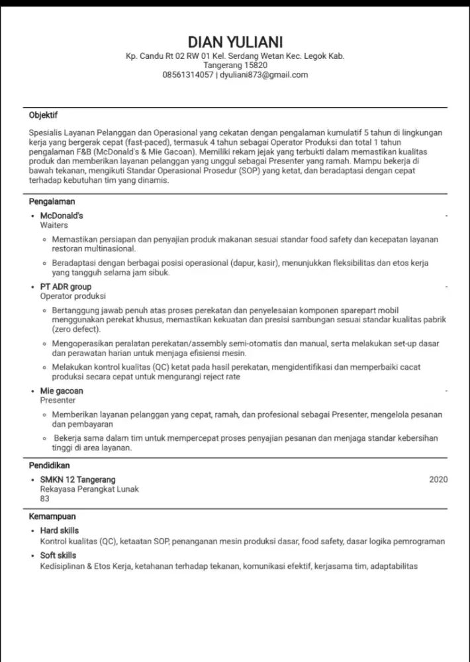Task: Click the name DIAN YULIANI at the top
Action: tap(235, 41)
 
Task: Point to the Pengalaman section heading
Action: tap(52, 201)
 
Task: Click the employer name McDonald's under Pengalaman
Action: tap(62, 216)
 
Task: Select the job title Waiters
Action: tap(54, 225)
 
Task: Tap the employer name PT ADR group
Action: tap(66, 287)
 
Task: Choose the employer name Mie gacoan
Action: tap(62, 391)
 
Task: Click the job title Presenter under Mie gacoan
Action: tap(58, 401)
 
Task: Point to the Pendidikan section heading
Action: tap(51, 465)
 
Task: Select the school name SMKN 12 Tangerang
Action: tap(77, 480)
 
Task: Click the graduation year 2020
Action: tap(438, 480)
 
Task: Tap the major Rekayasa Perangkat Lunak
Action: tap(89, 489)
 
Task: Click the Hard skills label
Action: tap(59, 531)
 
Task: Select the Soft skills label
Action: tap(58, 556)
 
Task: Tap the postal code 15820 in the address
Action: tap(254, 66)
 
